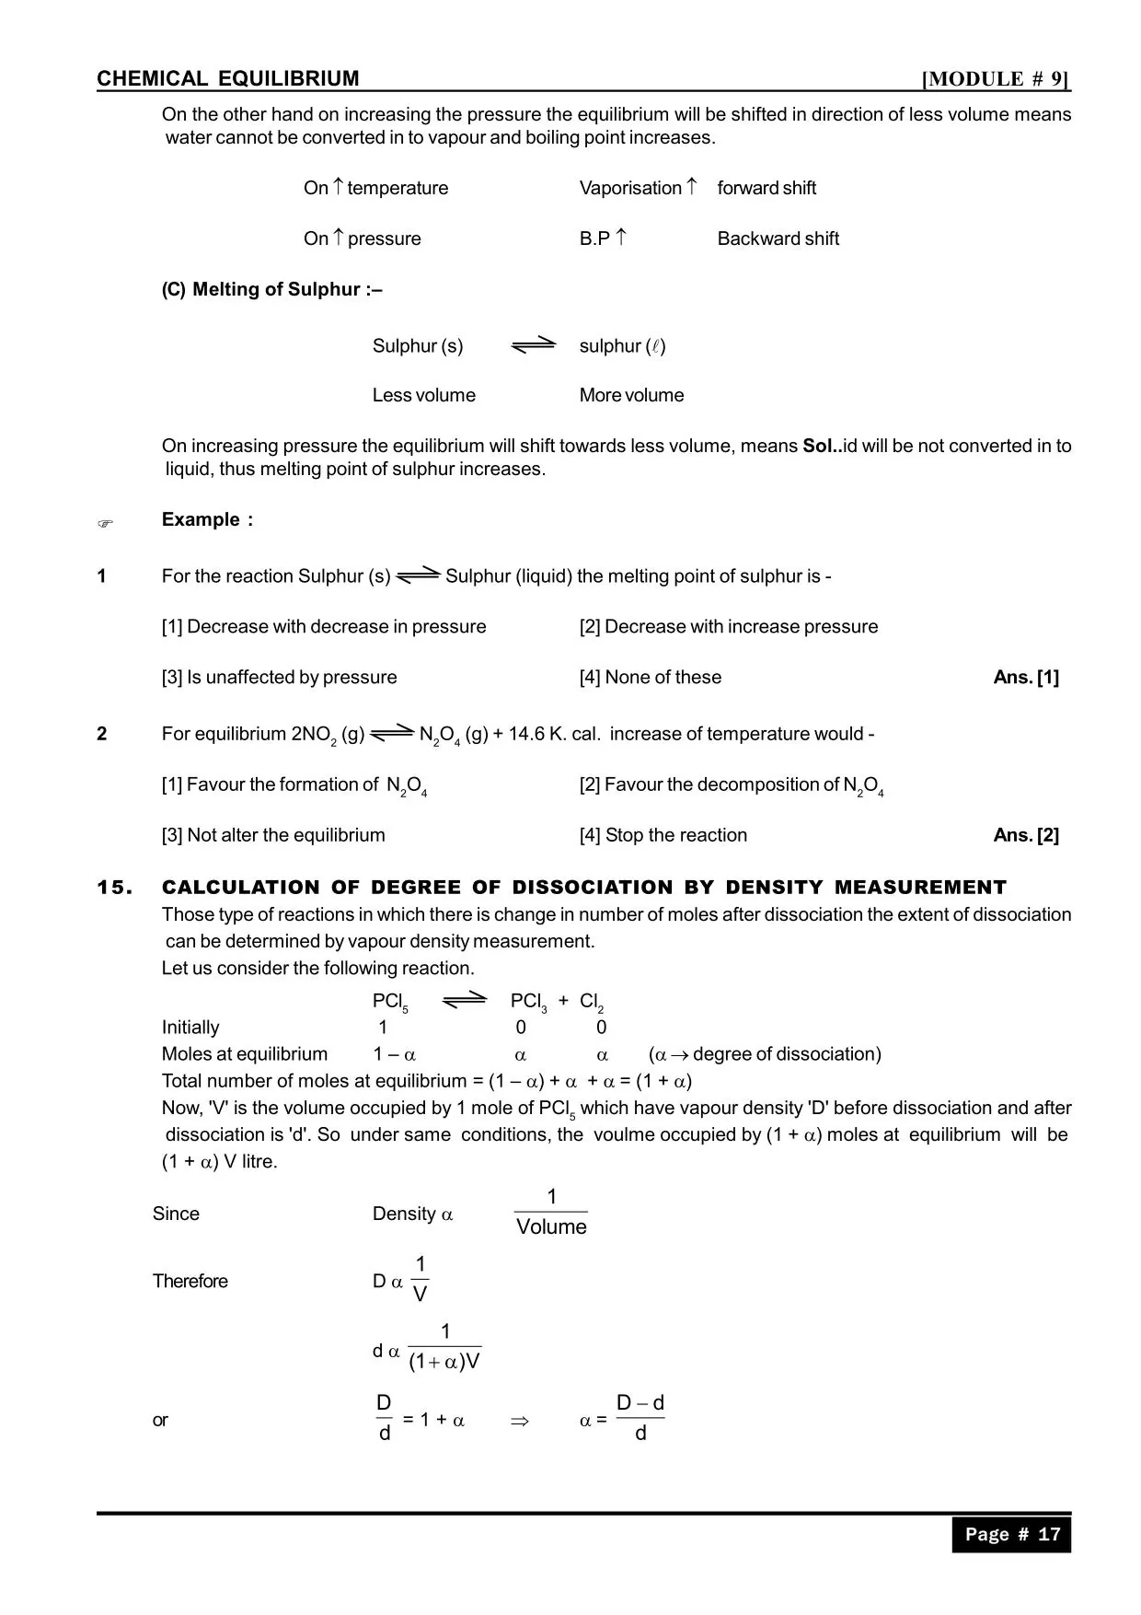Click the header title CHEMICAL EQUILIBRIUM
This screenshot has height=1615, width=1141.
click(x=228, y=79)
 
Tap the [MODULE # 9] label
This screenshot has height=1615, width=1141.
click(x=996, y=79)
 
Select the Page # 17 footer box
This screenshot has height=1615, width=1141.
click(x=1011, y=1534)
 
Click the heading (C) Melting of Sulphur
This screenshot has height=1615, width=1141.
click(x=271, y=289)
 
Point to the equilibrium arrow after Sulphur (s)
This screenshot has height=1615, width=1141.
click(x=534, y=345)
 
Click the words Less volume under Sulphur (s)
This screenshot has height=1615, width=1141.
click(x=423, y=395)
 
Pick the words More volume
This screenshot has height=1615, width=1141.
click(x=631, y=395)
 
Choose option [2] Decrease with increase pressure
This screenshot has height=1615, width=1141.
click(x=728, y=626)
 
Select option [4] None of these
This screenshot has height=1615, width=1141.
click(x=650, y=677)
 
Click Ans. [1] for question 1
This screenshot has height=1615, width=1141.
click(x=1026, y=677)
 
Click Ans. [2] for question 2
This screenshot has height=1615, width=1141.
click(x=1026, y=835)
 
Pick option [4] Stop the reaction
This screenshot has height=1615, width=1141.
click(x=663, y=835)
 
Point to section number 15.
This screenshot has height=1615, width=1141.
click(x=115, y=888)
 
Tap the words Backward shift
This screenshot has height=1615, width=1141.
click(x=778, y=238)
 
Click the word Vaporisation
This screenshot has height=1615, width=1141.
click(x=630, y=188)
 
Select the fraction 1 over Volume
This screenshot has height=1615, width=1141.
click(x=551, y=1213)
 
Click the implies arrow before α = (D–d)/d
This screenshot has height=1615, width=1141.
click(x=520, y=1421)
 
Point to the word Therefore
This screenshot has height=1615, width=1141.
click(x=190, y=1281)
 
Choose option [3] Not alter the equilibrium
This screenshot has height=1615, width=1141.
click(x=273, y=835)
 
